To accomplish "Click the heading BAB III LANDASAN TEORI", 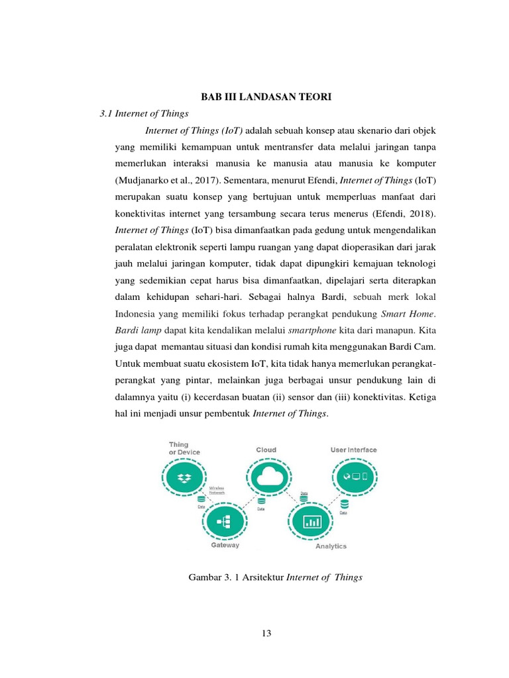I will (x=265, y=97).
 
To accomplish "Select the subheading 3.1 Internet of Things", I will (x=144, y=114).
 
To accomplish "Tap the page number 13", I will (x=266, y=633).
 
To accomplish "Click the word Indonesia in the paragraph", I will (x=140, y=312).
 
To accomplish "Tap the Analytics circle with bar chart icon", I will (x=311, y=521).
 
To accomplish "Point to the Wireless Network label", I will (x=217, y=491).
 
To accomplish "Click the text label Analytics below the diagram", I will (x=331, y=547).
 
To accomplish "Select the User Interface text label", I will (x=353, y=450).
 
